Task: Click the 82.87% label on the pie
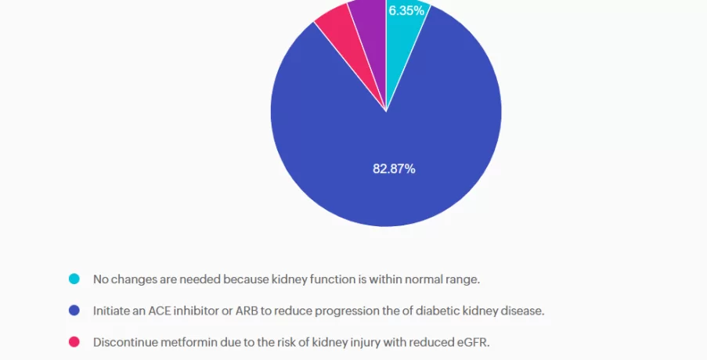click(x=394, y=168)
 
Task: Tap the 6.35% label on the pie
click(x=406, y=11)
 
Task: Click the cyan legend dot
click(x=74, y=279)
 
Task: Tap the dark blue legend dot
click(x=74, y=311)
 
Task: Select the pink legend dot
click(x=74, y=342)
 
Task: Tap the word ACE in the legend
click(x=149, y=311)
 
